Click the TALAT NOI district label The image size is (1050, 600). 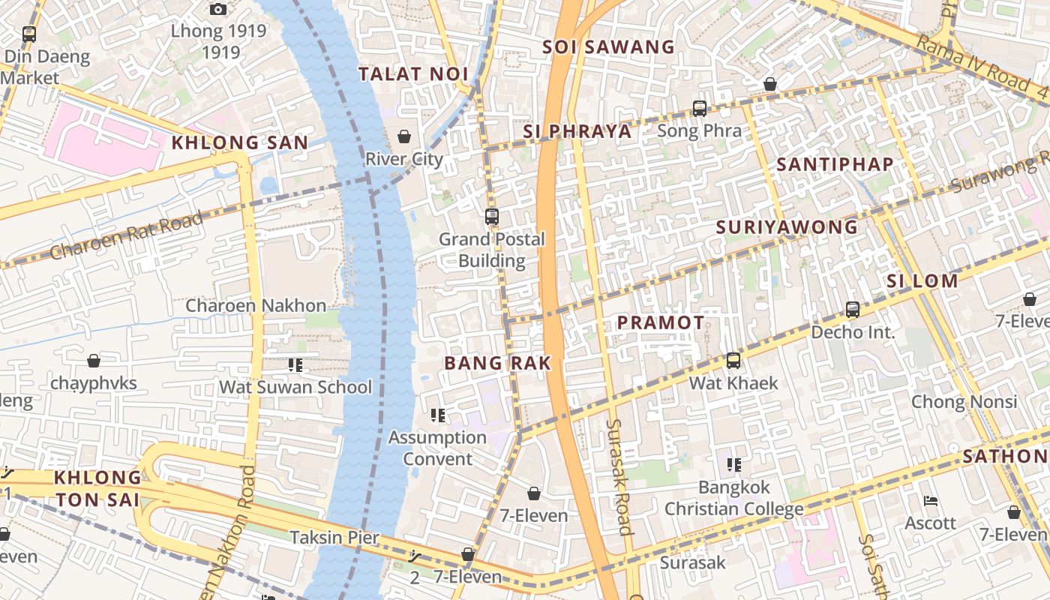[x=413, y=73]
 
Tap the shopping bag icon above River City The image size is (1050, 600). [x=404, y=136]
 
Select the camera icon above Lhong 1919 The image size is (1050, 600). [x=218, y=9]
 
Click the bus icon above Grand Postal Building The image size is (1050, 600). [x=492, y=217]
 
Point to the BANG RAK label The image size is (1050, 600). [x=497, y=364]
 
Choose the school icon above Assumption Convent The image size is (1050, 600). [x=438, y=415]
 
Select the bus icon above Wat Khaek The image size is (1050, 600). [x=733, y=361]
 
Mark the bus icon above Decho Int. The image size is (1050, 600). [x=853, y=309]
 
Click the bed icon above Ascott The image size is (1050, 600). [x=931, y=501]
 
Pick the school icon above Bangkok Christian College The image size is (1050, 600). [x=734, y=465]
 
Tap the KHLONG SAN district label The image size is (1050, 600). [x=239, y=142]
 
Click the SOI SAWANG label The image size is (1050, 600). [x=608, y=47]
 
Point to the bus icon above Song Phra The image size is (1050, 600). [x=700, y=109]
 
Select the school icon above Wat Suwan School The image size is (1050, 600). [x=295, y=365]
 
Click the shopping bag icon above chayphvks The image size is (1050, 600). [x=94, y=361]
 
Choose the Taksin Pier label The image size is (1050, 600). [x=334, y=538]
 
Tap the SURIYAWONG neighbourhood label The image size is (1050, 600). [x=786, y=227]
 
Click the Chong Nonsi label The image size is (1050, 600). [x=963, y=402]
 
